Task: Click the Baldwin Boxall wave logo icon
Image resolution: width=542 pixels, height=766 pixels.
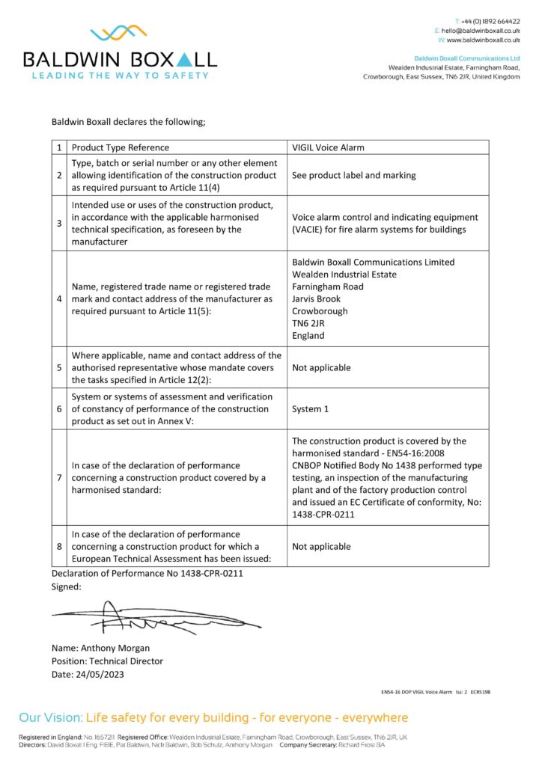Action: coord(119,34)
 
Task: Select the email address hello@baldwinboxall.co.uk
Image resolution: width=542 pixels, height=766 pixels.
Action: coord(480,31)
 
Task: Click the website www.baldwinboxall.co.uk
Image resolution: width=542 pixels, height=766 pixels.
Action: coord(484,40)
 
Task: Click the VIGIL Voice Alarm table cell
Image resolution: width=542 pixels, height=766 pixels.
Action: coord(328,147)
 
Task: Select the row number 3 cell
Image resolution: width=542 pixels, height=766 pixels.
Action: coord(59,223)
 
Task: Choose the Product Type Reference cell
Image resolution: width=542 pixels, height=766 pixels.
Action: coord(121,147)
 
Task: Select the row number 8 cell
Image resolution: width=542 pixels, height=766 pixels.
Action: coord(59,546)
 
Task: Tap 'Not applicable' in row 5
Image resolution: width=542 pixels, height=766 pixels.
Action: coord(321,367)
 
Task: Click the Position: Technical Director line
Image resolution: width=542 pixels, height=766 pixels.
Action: coord(107,661)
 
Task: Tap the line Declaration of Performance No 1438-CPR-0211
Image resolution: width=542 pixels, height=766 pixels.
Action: coord(147,573)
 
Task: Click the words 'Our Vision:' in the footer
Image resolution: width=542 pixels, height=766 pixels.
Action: coord(51,718)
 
